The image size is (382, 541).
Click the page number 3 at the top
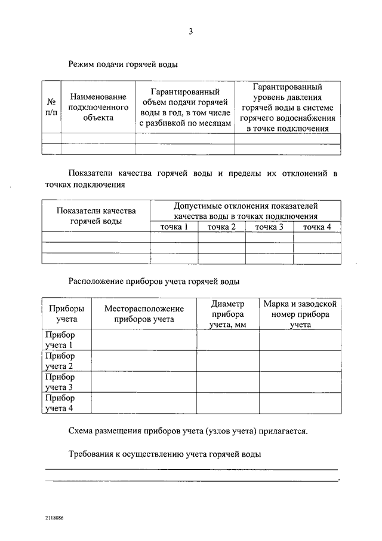191,32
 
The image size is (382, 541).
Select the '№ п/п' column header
51,107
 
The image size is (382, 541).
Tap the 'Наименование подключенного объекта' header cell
98,107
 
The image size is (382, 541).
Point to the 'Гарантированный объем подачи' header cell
185,107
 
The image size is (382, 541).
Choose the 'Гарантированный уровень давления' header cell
288,107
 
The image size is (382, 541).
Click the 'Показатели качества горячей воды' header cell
96,216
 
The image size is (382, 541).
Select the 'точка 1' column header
174,227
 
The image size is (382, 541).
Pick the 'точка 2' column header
221,227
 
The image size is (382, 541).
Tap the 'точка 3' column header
269,227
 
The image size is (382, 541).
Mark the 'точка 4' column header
317,227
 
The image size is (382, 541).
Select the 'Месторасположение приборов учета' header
144,314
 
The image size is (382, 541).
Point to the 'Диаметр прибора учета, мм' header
228,314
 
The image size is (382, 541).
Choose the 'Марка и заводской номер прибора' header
300,314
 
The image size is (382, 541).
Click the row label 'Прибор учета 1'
60,340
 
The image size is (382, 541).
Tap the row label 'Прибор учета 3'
60,382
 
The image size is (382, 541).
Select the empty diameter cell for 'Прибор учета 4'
228,403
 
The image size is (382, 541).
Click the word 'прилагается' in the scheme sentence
281,430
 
